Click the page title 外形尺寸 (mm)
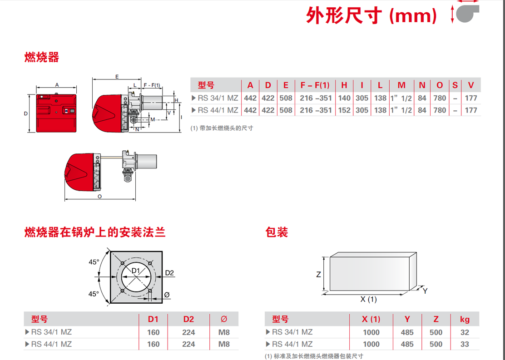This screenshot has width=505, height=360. (x=371, y=15)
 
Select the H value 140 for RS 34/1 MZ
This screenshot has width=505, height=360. (x=344, y=98)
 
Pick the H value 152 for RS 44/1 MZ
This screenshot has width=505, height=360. (x=344, y=110)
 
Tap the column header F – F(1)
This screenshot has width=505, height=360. (x=315, y=85)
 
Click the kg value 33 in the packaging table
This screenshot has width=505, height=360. (x=465, y=344)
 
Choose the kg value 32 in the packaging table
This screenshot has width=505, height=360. (x=465, y=332)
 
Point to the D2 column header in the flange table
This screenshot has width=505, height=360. (x=188, y=319)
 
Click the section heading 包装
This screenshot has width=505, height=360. (x=276, y=232)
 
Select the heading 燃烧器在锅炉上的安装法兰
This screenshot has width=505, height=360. (x=95, y=232)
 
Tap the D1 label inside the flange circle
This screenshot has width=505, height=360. (x=136, y=271)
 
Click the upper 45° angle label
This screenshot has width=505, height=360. (x=94, y=262)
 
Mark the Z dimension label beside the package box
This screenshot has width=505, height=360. (x=318, y=274)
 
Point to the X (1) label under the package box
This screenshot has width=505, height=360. (x=368, y=300)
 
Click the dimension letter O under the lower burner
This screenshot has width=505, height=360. (x=99, y=197)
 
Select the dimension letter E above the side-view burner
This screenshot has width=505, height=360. (x=117, y=77)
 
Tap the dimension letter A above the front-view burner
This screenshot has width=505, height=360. (x=57, y=85)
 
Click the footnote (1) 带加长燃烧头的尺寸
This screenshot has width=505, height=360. (x=222, y=128)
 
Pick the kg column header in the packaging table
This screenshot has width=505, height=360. (x=465, y=319)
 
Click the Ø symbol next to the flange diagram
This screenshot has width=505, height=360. (x=167, y=295)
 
